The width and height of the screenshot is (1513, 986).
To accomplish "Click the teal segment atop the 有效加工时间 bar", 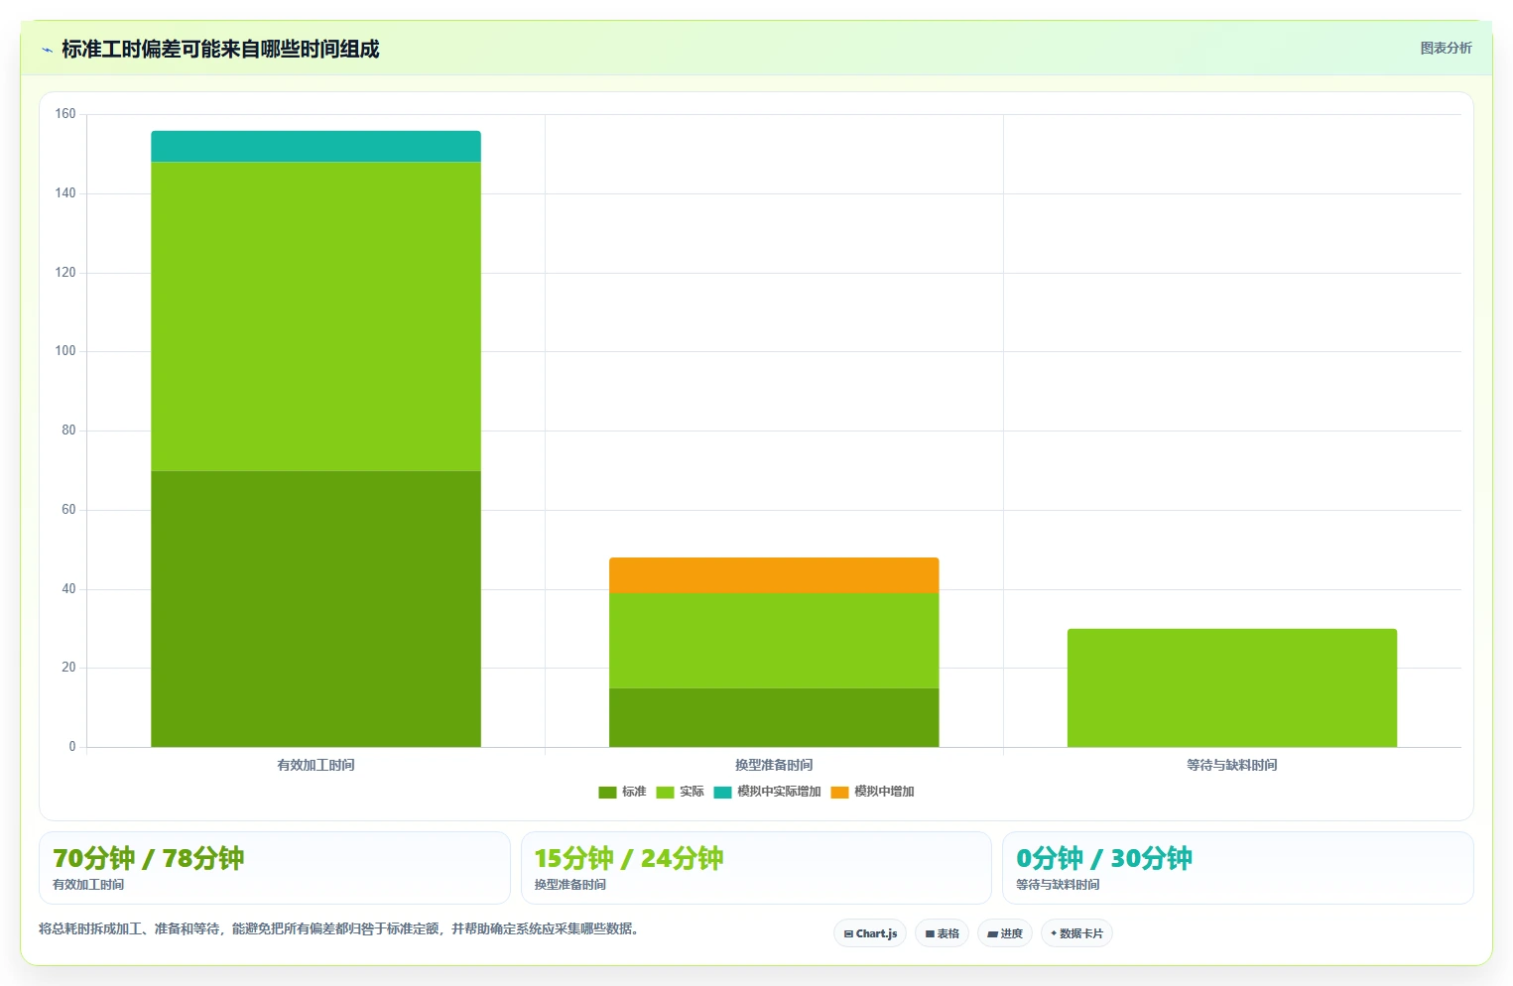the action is [x=315, y=146].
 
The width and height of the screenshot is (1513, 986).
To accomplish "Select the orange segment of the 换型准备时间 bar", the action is [x=774, y=575].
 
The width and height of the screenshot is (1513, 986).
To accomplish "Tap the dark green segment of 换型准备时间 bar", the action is [x=774, y=717].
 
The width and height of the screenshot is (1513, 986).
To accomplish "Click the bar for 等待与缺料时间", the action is [x=1232, y=687].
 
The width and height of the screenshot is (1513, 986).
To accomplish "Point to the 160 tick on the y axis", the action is [x=65, y=113].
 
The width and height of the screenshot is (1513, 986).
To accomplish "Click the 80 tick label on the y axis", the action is [x=68, y=431].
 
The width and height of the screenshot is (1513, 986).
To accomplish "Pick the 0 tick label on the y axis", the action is [x=72, y=746].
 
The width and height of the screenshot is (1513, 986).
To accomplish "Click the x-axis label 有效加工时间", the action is [x=315, y=765].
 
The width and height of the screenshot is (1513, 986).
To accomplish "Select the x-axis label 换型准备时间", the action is [x=774, y=765].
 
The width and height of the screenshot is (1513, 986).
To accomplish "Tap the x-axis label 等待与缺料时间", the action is [x=1232, y=765].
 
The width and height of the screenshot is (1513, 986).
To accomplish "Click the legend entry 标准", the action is [x=622, y=792].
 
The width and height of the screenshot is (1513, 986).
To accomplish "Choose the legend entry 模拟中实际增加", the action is [x=767, y=792].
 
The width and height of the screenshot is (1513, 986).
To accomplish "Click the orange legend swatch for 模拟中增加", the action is [x=839, y=793].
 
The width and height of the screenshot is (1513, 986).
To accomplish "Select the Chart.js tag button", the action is [x=870, y=933].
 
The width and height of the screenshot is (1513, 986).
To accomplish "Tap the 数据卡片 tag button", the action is [x=1076, y=933].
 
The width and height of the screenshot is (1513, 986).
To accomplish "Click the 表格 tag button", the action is [x=943, y=933].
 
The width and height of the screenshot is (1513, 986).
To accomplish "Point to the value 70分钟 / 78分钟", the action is [x=149, y=858].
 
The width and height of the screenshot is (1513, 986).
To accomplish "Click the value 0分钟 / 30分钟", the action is [x=1104, y=858].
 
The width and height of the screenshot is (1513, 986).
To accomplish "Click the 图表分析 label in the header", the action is [x=1447, y=48].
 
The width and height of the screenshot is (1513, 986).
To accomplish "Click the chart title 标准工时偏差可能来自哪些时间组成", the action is [x=220, y=50].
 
